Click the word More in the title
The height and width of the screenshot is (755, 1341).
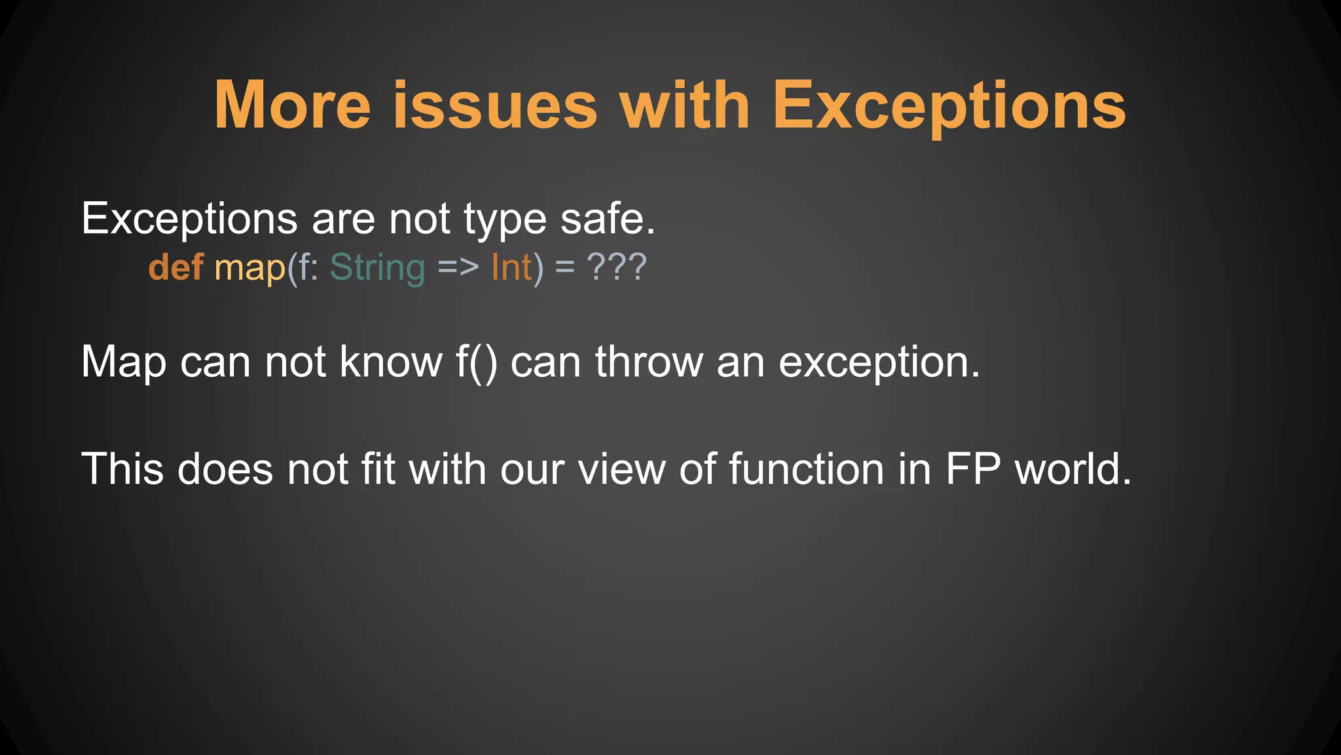pos(293,106)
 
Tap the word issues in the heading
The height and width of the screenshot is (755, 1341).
pos(495,106)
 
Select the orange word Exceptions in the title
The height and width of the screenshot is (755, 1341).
pos(949,106)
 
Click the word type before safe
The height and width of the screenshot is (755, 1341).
pos(505,220)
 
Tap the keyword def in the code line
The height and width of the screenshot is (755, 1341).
pos(175,267)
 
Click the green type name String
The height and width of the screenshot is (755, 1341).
pos(377,268)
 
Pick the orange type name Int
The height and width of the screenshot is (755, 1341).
pos(511,267)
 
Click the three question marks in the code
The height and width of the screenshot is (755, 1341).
pos(617,267)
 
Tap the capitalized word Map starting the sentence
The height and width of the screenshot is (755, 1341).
pos(123,362)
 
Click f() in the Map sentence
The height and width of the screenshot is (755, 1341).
pos(477,362)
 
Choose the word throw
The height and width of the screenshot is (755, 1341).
pos(649,362)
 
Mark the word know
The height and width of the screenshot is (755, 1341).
pos(391,362)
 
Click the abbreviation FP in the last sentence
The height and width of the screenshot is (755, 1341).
pos(973,469)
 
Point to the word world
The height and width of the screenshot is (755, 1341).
pos(1073,469)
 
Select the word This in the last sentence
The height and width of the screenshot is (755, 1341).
pos(122,469)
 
